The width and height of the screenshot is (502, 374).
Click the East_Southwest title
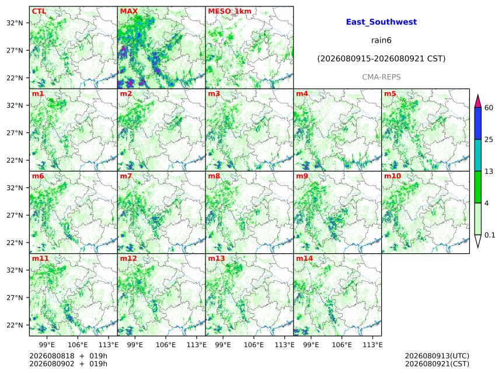(x=381, y=22)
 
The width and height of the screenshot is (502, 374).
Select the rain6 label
(x=381, y=40)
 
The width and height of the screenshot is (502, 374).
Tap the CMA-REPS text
(x=381, y=77)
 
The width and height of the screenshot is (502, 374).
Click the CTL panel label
(x=39, y=11)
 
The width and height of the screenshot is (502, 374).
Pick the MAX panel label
(x=128, y=11)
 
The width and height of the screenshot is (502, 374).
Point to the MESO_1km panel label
(x=229, y=11)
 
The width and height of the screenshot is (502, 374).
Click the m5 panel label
(x=390, y=94)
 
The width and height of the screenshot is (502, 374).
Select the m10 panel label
(x=392, y=176)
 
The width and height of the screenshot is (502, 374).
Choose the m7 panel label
(x=126, y=176)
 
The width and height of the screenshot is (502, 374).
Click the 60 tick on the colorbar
(x=489, y=108)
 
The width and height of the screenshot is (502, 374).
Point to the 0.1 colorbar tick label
(x=490, y=235)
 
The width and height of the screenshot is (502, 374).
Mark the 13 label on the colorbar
(x=489, y=172)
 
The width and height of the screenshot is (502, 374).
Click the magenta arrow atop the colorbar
(x=478, y=101)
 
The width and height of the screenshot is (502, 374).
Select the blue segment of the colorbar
(x=478, y=124)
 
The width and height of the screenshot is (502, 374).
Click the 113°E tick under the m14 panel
(x=372, y=345)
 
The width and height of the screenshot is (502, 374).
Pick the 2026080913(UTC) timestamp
(x=437, y=356)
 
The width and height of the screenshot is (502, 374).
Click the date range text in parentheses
(x=381, y=59)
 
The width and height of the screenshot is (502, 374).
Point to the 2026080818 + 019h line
(x=68, y=356)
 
